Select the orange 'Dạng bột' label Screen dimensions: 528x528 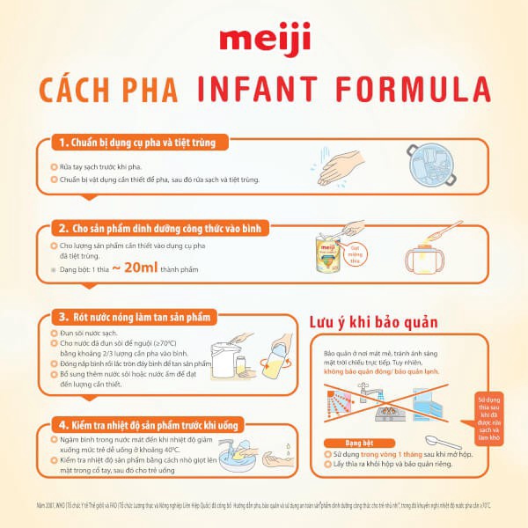[347, 441]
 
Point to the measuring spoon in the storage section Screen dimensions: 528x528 [444, 441]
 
